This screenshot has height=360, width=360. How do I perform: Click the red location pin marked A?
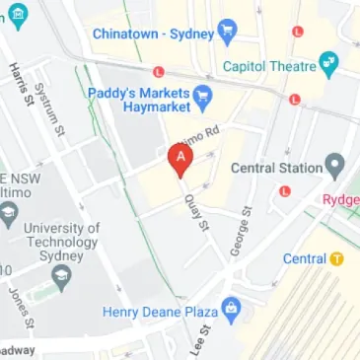pyautogui.click(x=180, y=159)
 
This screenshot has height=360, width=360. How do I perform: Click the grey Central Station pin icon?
pyautogui.click(x=335, y=164)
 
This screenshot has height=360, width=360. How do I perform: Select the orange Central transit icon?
pyautogui.click(x=337, y=259)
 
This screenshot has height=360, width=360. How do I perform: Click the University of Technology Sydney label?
pyautogui.click(x=61, y=236)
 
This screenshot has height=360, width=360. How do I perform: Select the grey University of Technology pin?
pyautogui.click(x=61, y=273)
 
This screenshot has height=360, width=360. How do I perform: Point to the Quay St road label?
pyautogui.click(x=198, y=211)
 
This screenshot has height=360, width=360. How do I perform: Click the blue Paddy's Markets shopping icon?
pyautogui.click(x=204, y=96)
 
